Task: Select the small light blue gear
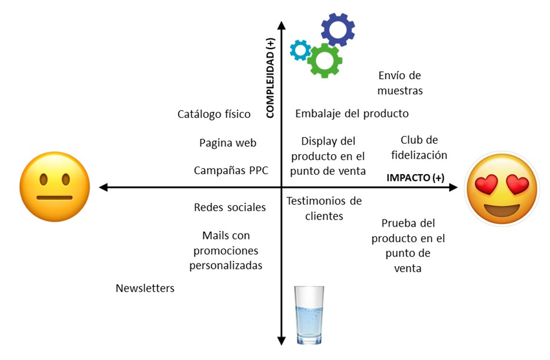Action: point(300,50)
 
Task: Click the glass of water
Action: point(309,315)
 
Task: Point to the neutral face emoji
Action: point(55,186)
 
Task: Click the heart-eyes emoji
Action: point(502,188)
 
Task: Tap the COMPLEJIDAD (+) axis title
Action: point(270,78)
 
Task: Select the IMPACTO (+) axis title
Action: point(415,177)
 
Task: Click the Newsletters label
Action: point(145,288)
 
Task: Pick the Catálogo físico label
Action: point(214,114)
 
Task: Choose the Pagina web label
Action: point(228,143)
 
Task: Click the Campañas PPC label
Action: point(231,170)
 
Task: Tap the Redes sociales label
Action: point(230,207)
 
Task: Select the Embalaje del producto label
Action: point(352,114)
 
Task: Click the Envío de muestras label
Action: point(400,83)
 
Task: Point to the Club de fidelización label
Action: point(419,148)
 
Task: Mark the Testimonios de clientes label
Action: point(324,208)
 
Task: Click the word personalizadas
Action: point(226,265)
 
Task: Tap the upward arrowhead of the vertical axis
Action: point(281,25)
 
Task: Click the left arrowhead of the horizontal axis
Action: point(103,187)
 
